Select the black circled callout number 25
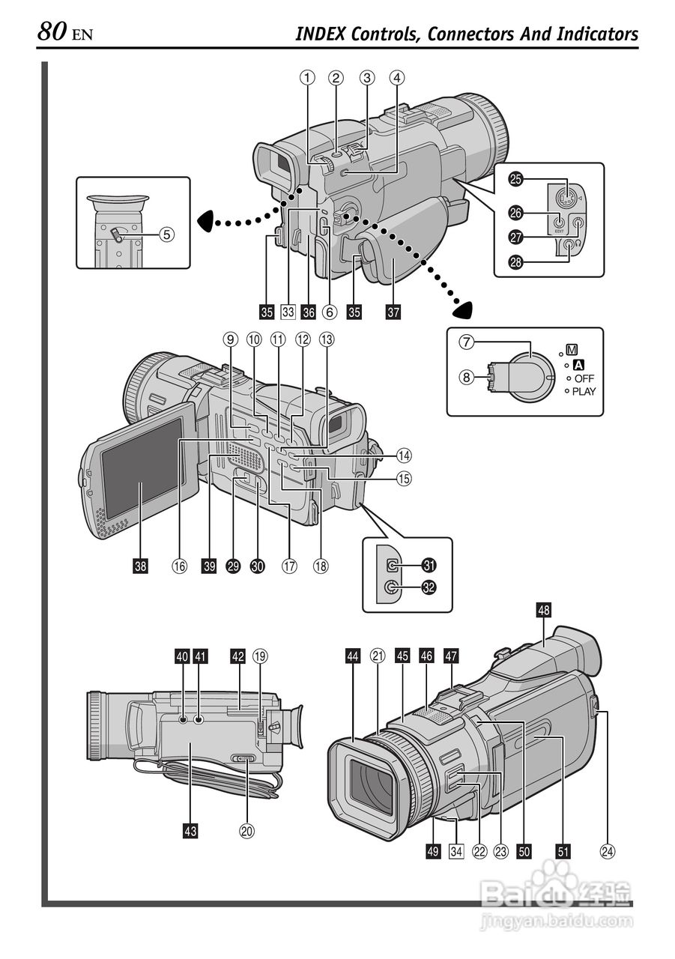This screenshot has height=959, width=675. pyautogui.click(x=515, y=179)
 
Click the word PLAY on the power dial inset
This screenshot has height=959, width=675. pyautogui.click(x=584, y=391)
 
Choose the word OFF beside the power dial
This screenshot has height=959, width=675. pyautogui.click(x=584, y=378)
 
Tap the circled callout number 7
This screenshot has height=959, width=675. pyautogui.click(x=466, y=342)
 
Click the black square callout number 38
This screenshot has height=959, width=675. pyautogui.click(x=141, y=566)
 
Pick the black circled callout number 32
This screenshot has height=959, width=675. pyautogui.click(x=429, y=588)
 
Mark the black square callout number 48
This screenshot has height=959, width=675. pyautogui.click(x=544, y=611)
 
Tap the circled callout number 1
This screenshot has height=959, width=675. pyautogui.click(x=306, y=77)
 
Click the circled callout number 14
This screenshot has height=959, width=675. pyautogui.click(x=405, y=455)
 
